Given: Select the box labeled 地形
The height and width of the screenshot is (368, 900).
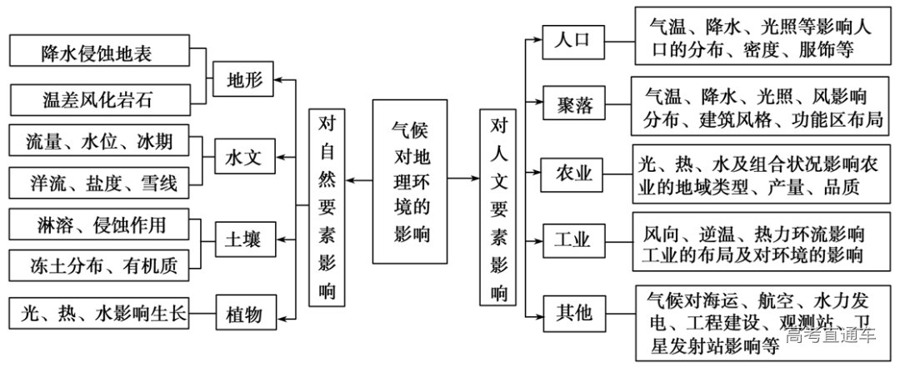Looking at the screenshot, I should (x=244, y=80).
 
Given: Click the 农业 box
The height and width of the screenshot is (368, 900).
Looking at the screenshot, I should (x=572, y=174).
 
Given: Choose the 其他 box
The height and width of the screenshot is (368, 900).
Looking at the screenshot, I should (x=572, y=313).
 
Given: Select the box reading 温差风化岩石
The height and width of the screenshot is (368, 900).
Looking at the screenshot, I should (x=99, y=101).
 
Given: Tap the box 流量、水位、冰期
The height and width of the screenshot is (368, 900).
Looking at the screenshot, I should (x=99, y=142).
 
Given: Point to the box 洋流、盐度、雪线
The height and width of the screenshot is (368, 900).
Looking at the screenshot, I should (x=99, y=183).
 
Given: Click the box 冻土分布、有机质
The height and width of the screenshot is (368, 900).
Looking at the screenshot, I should (x=99, y=265).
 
